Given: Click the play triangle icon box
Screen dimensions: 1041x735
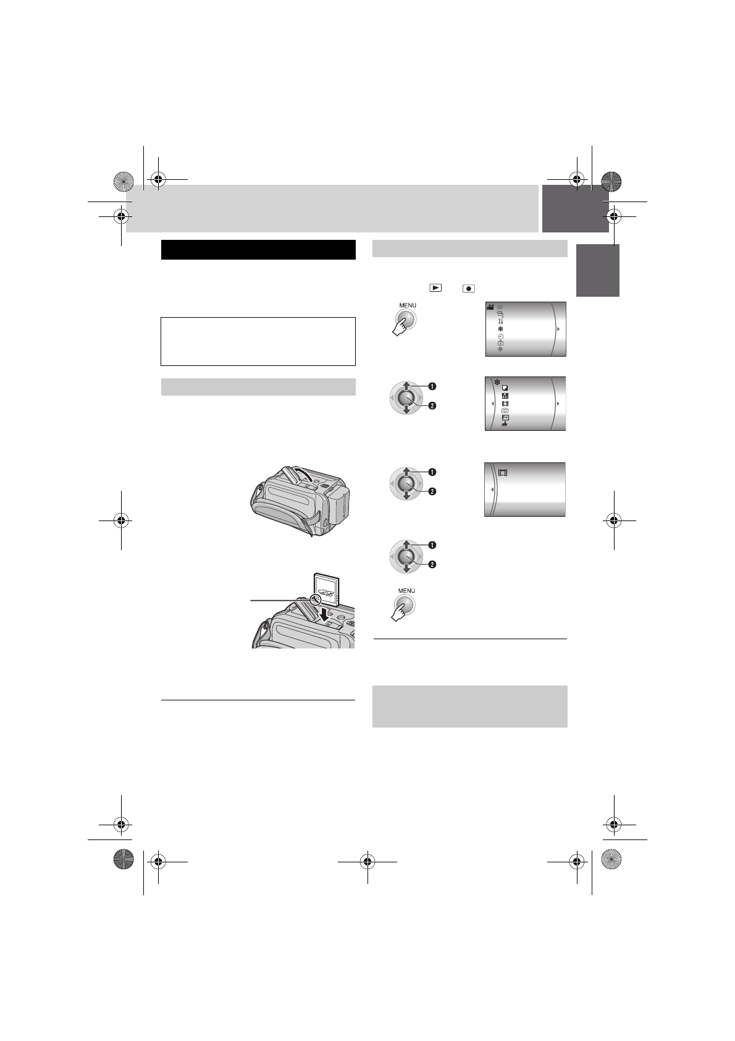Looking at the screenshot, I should click(436, 287).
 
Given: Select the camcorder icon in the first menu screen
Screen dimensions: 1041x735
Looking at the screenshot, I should click(490, 307).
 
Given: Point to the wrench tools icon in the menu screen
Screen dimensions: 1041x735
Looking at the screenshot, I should click(500, 321).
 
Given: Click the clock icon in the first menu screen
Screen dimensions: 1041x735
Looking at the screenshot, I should click(500, 336).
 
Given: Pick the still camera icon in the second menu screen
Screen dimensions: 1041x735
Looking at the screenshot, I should click(505, 410).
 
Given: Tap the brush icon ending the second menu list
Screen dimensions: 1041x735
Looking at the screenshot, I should click(505, 425).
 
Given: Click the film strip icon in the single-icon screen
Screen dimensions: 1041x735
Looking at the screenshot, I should click(503, 473).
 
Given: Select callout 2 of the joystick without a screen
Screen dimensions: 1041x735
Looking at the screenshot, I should click(432, 564).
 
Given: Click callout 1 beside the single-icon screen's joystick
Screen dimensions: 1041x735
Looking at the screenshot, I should click(432, 472).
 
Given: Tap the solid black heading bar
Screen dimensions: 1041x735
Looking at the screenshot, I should click(258, 250).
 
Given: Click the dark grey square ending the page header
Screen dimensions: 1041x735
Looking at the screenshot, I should click(575, 208).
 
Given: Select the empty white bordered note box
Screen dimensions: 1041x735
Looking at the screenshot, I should click(258, 341).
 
